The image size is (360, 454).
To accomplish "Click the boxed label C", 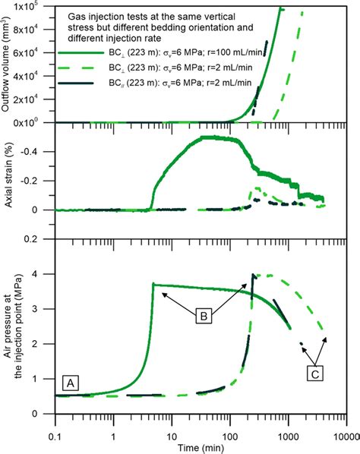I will (317, 373).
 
